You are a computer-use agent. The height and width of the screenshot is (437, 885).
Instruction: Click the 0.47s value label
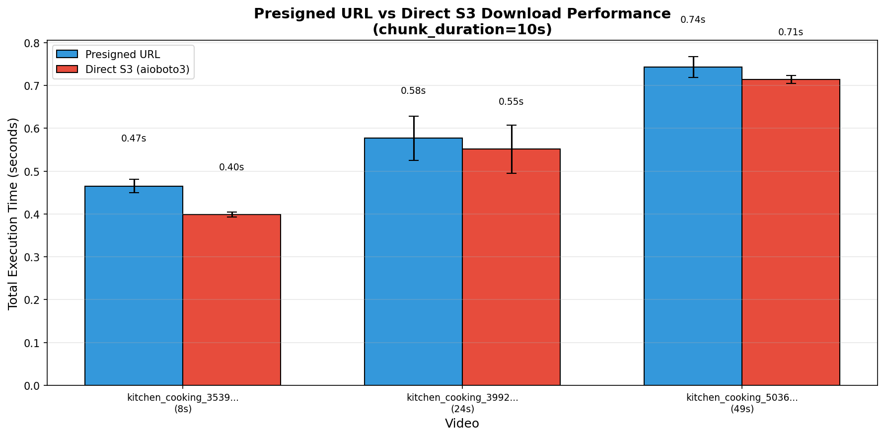click(x=134, y=139)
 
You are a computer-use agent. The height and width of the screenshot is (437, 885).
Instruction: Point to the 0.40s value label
click(x=231, y=167)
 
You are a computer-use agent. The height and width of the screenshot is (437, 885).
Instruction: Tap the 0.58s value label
click(x=413, y=91)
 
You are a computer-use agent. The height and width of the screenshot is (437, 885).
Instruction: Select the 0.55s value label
click(x=511, y=102)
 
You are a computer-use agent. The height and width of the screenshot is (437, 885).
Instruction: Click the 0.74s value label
click(x=693, y=20)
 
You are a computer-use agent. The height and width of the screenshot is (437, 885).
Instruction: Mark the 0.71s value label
click(x=791, y=32)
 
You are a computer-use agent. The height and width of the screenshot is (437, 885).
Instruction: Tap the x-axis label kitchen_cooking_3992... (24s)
click(x=462, y=403)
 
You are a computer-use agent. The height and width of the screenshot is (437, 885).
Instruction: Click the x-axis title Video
click(x=462, y=424)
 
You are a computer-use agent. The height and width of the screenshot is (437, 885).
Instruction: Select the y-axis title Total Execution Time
click(x=13, y=214)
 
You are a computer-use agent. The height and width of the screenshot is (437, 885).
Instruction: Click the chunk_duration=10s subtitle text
click(x=462, y=30)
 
